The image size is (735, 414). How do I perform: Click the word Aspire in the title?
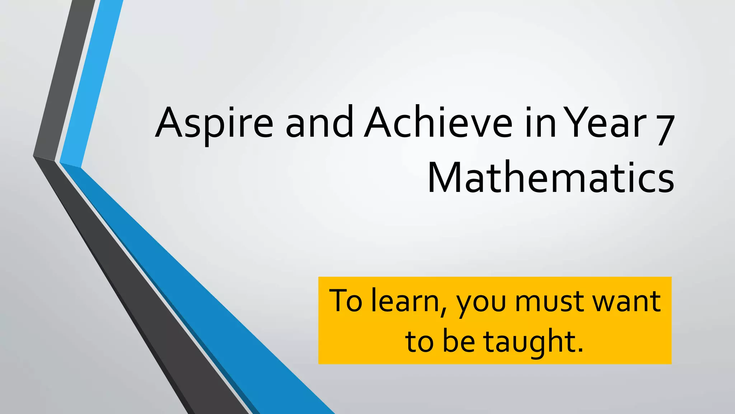214,124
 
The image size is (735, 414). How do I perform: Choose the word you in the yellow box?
481,304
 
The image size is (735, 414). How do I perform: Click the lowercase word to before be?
418,341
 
